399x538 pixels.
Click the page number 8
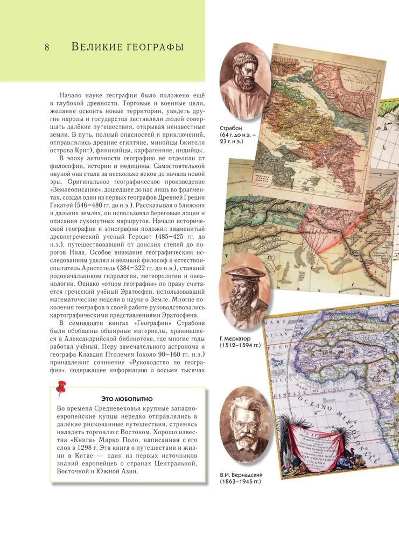47,47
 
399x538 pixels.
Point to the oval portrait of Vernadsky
244,425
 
